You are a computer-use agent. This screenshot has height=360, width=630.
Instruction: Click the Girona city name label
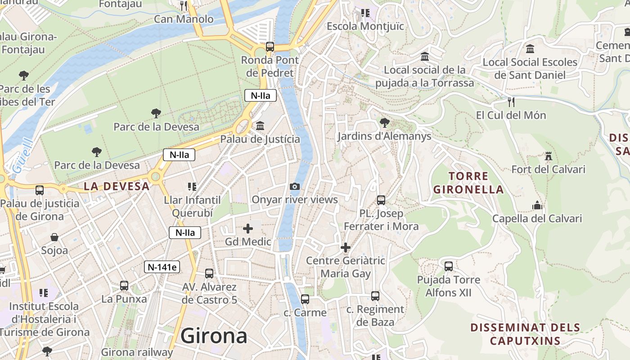[214, 336]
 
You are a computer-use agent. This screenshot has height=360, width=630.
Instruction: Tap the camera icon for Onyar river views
[294, 186]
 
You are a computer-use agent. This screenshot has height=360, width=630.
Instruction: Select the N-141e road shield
[162, 267]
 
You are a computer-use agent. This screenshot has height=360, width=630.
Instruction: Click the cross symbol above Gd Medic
[247, 229]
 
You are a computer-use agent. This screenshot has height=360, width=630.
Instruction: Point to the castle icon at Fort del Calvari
[548, 156]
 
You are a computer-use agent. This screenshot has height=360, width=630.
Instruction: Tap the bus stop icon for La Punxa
[124, 286]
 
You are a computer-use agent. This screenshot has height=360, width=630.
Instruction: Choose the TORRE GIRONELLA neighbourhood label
[468, 183]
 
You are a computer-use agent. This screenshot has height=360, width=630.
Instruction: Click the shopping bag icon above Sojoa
[54, 237]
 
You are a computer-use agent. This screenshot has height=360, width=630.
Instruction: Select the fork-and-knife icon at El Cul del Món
[511, 102]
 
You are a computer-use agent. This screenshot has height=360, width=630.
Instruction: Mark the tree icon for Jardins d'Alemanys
[384, 122]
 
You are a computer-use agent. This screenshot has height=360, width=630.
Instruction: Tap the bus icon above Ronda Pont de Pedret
[270, 46]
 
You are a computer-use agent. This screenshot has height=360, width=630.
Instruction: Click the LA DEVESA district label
[117, 186]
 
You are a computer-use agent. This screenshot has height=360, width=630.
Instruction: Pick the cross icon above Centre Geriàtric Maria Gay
[345, 247]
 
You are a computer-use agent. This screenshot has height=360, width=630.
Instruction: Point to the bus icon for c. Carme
[305, 299]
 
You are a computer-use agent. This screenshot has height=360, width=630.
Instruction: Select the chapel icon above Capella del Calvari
[537, 206]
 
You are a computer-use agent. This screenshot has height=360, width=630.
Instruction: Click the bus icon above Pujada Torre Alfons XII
[448, 266]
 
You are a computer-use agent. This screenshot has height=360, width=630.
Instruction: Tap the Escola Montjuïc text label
[365, 26]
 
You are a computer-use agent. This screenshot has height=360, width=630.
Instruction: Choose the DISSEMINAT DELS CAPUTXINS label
[525, 334]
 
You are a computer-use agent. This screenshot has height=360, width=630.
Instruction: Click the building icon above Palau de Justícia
[260, 126]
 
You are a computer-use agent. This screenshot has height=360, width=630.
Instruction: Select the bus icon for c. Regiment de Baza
[375, 296]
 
